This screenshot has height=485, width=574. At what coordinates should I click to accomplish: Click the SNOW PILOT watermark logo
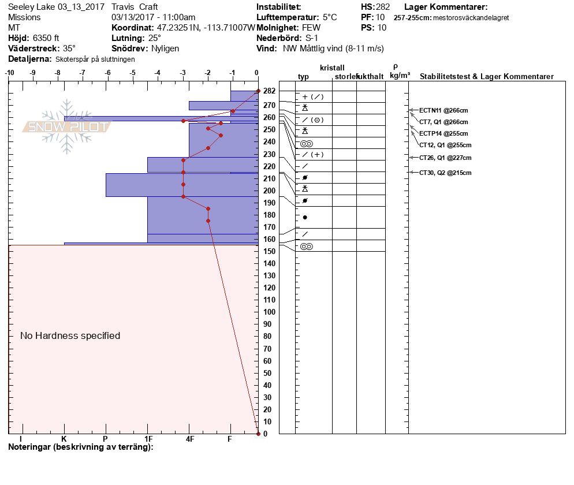(66, 126)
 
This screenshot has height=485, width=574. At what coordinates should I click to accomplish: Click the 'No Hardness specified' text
(70, 335)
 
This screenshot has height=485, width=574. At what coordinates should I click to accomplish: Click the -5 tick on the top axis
(133, 73)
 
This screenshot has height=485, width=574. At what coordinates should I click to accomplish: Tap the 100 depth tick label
(269, 312)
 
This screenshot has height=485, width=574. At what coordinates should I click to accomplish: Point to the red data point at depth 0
(258, 433)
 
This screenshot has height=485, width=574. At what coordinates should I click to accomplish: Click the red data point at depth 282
(258, 91)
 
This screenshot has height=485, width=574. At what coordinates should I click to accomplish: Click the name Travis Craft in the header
(135, 7)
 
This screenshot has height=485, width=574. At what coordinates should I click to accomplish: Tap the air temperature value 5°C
(330, 17)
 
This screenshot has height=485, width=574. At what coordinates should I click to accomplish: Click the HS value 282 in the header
(383, 7)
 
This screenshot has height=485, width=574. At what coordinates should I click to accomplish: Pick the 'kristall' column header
(332, 68)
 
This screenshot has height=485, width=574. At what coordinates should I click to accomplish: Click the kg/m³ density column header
(400, 75)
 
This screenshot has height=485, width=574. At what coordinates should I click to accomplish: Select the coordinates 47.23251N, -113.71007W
(206, 28)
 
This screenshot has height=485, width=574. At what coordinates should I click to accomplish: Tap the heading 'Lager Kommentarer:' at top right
(446, 7)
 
